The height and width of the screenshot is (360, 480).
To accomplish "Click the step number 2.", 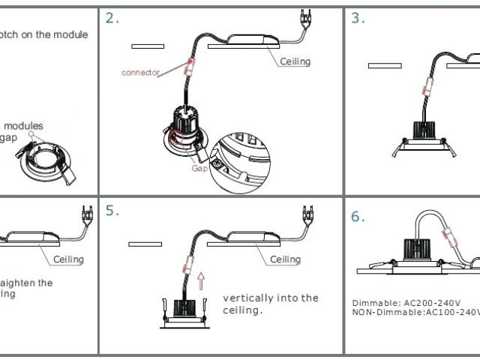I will [112, 18].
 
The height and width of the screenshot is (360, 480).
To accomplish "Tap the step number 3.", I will [358, 18].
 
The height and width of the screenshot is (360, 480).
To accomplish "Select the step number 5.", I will [112, 211].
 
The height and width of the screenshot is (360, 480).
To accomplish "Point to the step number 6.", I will [358, 217].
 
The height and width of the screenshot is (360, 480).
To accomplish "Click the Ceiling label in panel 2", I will [295, 61].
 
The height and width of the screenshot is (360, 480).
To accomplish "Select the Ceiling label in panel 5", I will [285, 259].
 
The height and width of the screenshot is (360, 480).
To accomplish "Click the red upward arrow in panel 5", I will [200, 282].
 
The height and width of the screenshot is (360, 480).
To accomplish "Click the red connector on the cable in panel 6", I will [454, 238].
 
